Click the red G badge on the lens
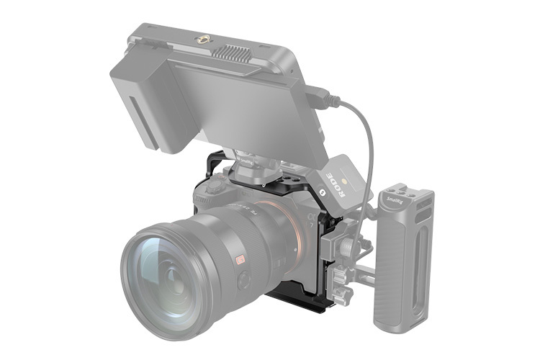tap(240, 260)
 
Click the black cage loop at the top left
tap(215, 163)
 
